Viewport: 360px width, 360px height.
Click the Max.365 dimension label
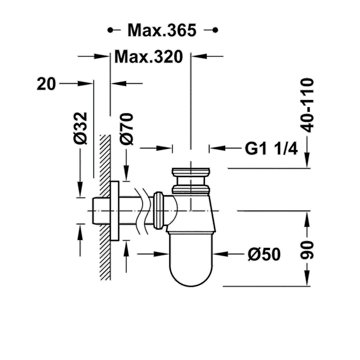[162, 30]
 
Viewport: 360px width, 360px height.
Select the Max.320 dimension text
[149, 56]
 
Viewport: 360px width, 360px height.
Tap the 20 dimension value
[46, 84]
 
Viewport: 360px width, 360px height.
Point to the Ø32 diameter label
[80, 128]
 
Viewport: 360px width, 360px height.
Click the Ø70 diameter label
[126, 129]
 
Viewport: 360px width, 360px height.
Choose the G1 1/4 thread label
[271, 149]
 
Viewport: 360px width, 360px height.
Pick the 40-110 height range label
[307, 105]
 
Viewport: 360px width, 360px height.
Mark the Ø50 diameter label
[264, 254]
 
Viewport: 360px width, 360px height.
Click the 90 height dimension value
[307, 250]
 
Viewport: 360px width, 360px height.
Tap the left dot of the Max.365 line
[110, 30]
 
